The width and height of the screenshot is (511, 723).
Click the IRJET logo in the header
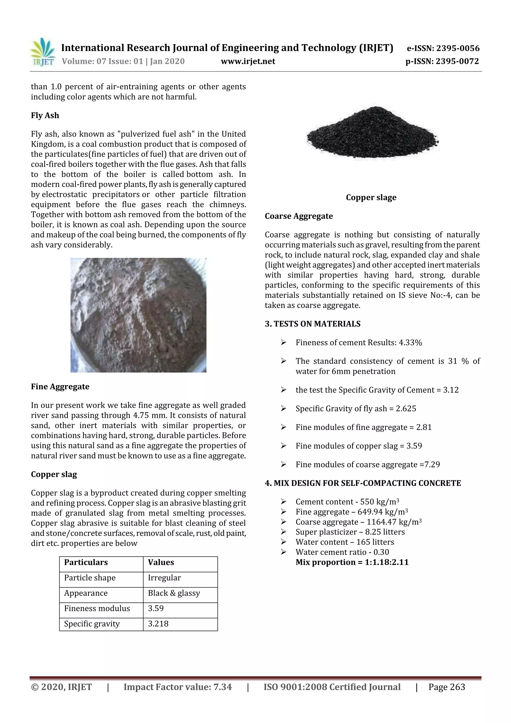(x=42, y=52)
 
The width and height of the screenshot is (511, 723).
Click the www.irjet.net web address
(x=248, y=61)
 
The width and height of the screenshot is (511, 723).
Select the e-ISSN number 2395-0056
(x=457, y=48)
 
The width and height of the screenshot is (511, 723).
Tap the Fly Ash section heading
(x=45, y=115)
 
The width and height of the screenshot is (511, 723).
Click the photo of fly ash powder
(x=138, y=315)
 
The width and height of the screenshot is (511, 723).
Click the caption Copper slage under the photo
(x=371, y=197)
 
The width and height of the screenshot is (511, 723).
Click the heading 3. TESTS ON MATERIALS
(x=312, y=324)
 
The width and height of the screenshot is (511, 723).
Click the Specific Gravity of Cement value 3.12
(x=451, y=390)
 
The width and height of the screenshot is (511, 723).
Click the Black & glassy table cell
(x=174, y=593)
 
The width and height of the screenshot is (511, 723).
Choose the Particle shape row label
(x=90, y=578)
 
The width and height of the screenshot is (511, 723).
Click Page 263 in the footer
(x=446, y=687)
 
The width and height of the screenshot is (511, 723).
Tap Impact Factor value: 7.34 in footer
(x=178, y=687)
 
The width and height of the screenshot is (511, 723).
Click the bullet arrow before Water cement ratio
(x=283, y=552)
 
